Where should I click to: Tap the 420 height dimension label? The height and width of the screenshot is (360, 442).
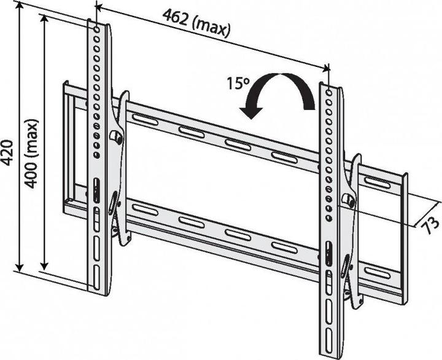coord(8,151)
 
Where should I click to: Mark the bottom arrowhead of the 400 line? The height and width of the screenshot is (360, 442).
coord(44,265)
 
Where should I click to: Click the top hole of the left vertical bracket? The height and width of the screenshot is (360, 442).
coord(95,29)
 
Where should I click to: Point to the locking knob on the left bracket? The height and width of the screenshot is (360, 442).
coord(117,136)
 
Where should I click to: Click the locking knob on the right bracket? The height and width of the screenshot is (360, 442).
coord(348,201)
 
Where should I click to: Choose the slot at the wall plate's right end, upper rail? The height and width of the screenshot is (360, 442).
coord(376,182)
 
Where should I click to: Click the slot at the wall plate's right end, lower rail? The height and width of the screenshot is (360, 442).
coord(376,272)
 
